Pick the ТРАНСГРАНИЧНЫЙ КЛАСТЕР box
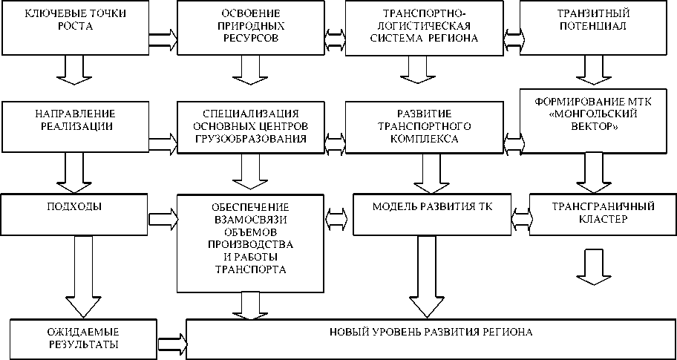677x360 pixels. click(602, 213)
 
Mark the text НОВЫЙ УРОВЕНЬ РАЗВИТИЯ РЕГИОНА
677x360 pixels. click(431, 332)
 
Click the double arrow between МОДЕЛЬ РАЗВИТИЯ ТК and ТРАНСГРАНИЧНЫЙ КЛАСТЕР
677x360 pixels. click(521, 215)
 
